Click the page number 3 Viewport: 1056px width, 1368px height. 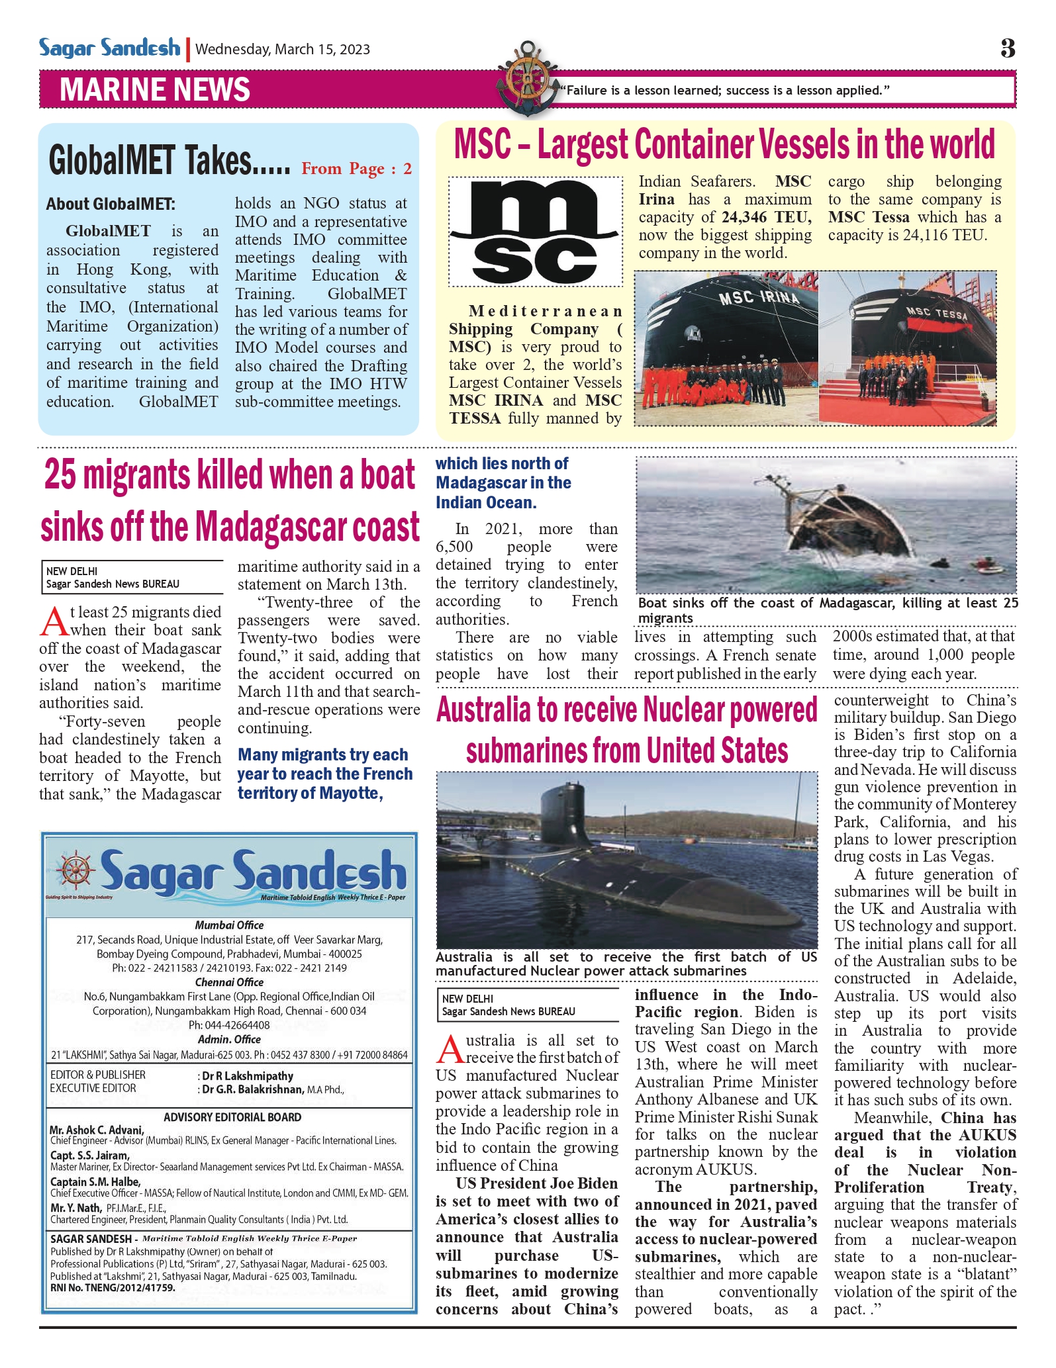(x=1007, y=48)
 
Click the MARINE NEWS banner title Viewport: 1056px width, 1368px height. (x=155, y=90)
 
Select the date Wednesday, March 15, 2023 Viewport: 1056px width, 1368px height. (x=283, y=50)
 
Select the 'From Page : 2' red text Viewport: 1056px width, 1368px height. (x=356, y=169)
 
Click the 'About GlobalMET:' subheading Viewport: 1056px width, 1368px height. (x=111, y=205)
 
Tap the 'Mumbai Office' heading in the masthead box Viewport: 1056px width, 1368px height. (x=229, y=925)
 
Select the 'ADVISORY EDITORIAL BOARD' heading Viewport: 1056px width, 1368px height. (x=232, y=1117)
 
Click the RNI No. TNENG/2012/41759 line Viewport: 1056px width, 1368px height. (x=113, y=1288)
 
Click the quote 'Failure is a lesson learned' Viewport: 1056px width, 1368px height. (x=726, y=91)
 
